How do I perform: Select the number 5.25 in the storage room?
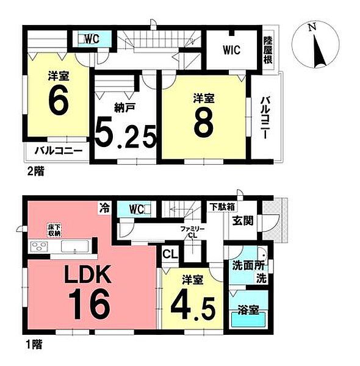point(125,135)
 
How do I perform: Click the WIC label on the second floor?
point(231,50)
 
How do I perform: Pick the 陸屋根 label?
point(268,51)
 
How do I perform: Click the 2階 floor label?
point(36,172)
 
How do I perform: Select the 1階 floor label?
point(34,345)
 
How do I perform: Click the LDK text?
point(87,275)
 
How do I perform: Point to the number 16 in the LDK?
point(89,304)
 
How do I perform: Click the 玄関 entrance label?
point(243,221)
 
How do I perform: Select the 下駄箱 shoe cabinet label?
point(222,207)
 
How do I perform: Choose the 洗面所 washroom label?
point(248,266)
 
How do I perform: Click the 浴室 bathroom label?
point(248,310)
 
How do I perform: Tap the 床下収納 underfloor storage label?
point(55,230)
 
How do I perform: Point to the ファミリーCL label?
point(193,232)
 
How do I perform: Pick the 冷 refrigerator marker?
point(104,208)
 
